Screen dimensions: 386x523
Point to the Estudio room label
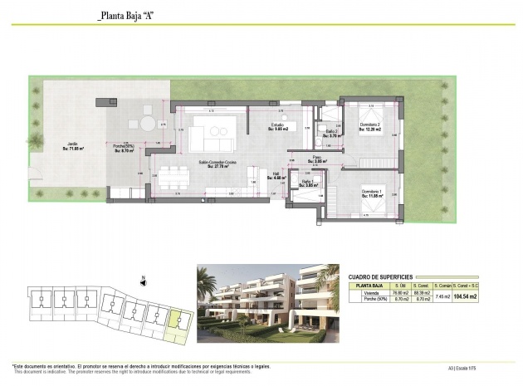click(x=277, y=127)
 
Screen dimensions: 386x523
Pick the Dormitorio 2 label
click(x=369, y=127)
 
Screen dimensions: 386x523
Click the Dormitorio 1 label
click(x=370, y=193)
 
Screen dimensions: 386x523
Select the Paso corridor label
click(x=316, y=159)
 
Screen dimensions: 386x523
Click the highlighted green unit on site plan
click(x=176, y=320)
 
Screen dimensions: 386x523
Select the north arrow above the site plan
click(x=144, y=279)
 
